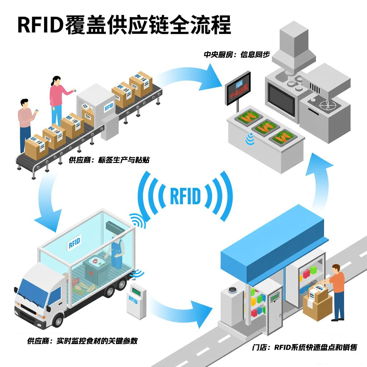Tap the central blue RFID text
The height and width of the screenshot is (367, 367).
point(185,196)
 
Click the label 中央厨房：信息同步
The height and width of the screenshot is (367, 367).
point(237,55)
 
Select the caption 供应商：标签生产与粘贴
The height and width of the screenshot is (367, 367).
point(109,160)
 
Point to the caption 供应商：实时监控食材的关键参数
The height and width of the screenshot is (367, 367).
point(82,341)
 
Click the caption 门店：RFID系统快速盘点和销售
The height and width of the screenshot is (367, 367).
point(305,347)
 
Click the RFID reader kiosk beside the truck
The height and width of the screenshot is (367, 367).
point(137,301)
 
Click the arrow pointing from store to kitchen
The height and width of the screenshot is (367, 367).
point(321,179)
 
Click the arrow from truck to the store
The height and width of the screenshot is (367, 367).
point(179,308)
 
